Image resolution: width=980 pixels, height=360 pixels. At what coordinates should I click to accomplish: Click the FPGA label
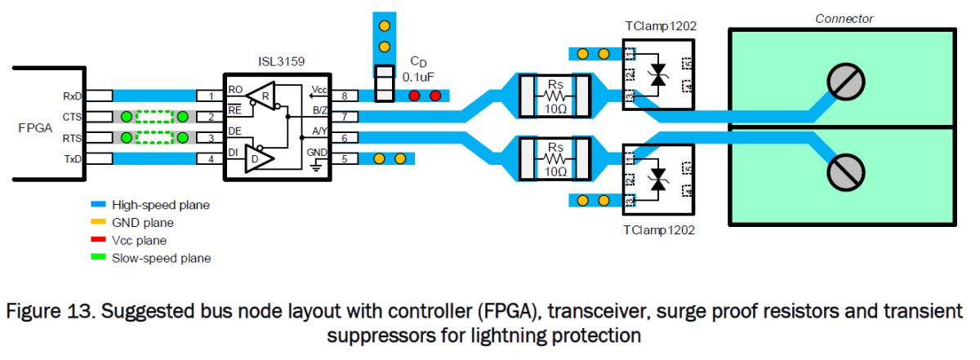pyautogui.click(x=35, y=127)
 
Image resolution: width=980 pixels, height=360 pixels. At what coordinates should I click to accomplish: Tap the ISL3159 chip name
pyautogui.click(x=281, y=61)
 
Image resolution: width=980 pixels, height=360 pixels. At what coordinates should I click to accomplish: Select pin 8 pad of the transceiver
pyautogui.click(x=345, y=96)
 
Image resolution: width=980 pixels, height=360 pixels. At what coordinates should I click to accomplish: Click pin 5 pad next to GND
pyautogui.click(x=345, y=158)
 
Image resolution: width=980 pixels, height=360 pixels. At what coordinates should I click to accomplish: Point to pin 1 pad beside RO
pyautogui.click(x=211, y=96)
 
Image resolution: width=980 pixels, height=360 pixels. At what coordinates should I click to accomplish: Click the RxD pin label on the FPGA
pyautogui.click(x=72, y=96)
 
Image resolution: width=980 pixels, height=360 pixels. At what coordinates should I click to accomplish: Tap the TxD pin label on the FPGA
pyautogui.click(x=73, y=159)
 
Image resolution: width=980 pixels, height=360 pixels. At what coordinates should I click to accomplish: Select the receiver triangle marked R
pyautogui.click(x=261, y=96)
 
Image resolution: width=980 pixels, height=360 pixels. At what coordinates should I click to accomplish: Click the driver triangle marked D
pyautogui.click(x=259, y=158)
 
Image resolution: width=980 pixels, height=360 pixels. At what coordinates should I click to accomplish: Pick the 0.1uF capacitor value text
pyautogui.click(x=418, y=77)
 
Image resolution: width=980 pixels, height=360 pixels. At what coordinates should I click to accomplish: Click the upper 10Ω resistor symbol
pyautogui.click(x=555, y=96)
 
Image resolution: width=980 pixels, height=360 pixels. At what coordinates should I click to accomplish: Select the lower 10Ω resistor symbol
pyautogui.click(x=555, y=159)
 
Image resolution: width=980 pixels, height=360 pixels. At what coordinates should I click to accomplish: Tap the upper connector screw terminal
pyautogui.click(x=846, y=82)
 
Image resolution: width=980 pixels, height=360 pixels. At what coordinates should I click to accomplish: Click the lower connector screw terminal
pyautogui.click(x=846, y=172)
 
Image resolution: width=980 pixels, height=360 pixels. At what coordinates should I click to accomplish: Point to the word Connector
pyautogui.click(x=844, y=19)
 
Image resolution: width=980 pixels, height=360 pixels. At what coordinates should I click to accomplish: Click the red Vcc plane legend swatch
pyautogui.click(x=98, y=239)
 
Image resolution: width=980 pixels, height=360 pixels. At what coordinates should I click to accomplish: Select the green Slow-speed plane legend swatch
pyautogui.click(x=98, y=257)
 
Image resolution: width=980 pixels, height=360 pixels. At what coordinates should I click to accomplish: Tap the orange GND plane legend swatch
pyautogui.click(x=98, y=221)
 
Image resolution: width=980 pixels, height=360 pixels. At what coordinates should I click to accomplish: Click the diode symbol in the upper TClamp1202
pyautogui.click(x=658, y=75)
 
